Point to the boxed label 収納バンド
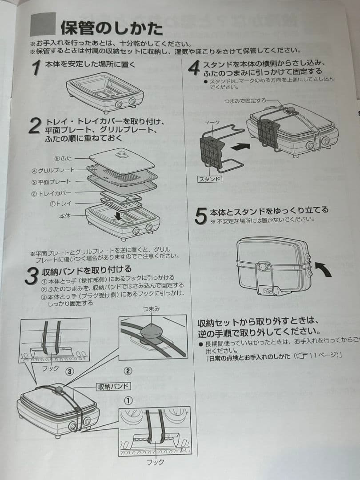point(113,386)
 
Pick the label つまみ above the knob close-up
point(152,308)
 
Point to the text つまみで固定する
point(244,101)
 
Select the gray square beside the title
point(43,24)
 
